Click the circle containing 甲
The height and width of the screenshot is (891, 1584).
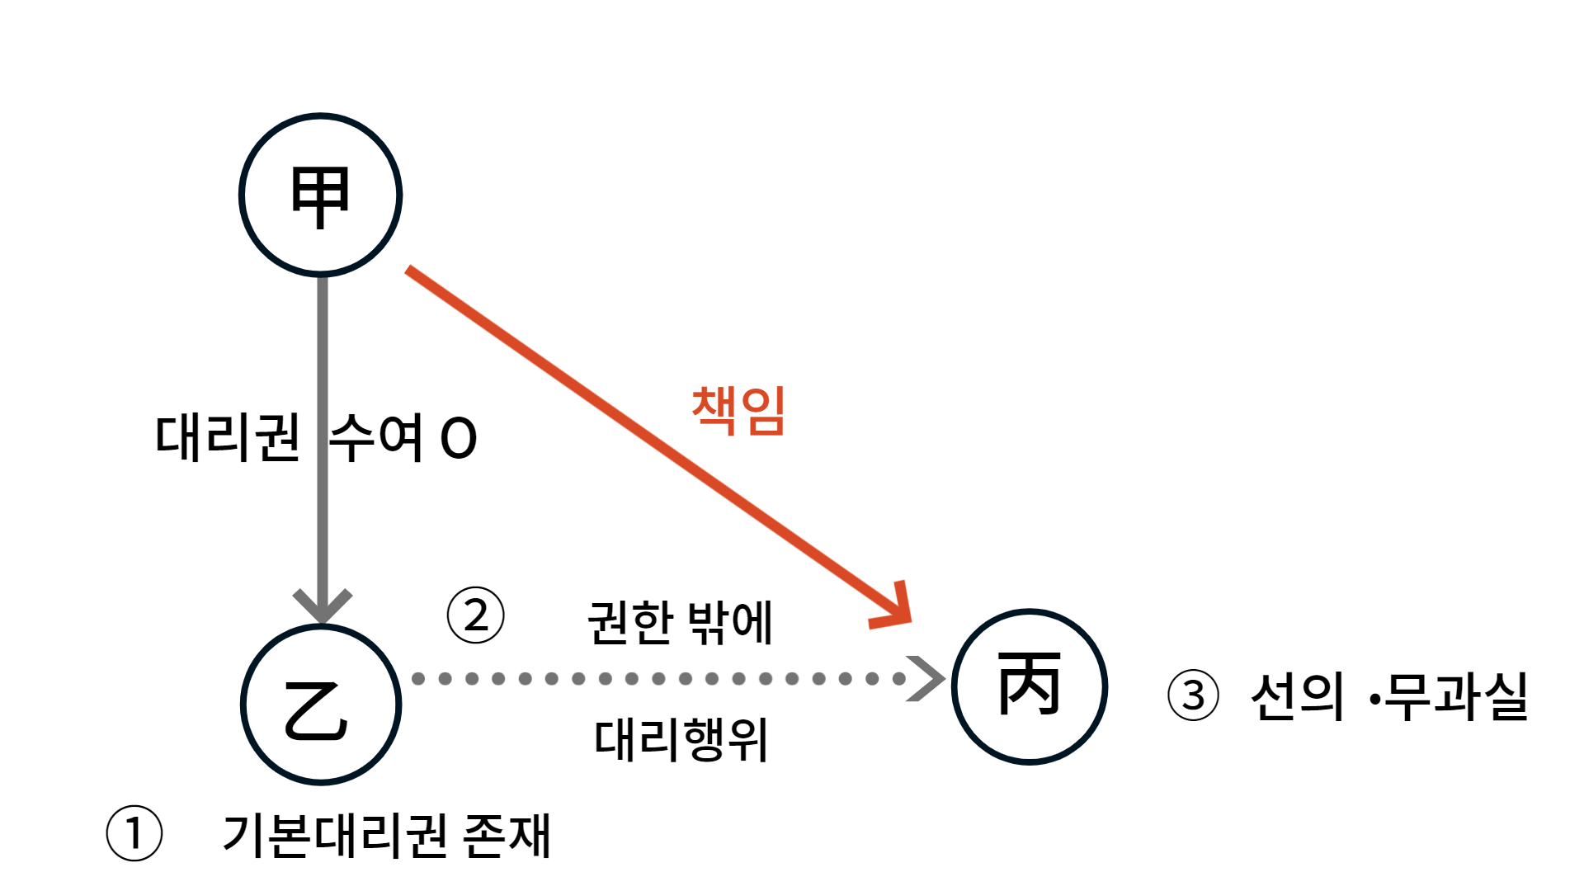tap(320, 195)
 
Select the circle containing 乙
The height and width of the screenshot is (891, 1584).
tap(321, 705)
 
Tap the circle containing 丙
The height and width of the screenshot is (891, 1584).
tap(1029, 686)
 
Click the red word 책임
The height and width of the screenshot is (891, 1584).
tap(738, 410)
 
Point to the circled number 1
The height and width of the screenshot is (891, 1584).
tap(134, 833)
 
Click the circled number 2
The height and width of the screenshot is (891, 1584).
tap(476, 615)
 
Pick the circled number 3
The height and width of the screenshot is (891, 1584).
tap(1193, 695)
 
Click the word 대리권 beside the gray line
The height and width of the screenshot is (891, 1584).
tap(228, 437)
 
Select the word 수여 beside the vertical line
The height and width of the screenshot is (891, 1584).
tap(376, 437)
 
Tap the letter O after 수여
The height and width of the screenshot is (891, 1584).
tap(459, 438)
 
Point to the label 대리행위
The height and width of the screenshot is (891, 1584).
tap(681, 739)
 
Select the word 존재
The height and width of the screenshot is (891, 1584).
tap(507, 836)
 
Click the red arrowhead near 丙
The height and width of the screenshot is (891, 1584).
tap(897, 610)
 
